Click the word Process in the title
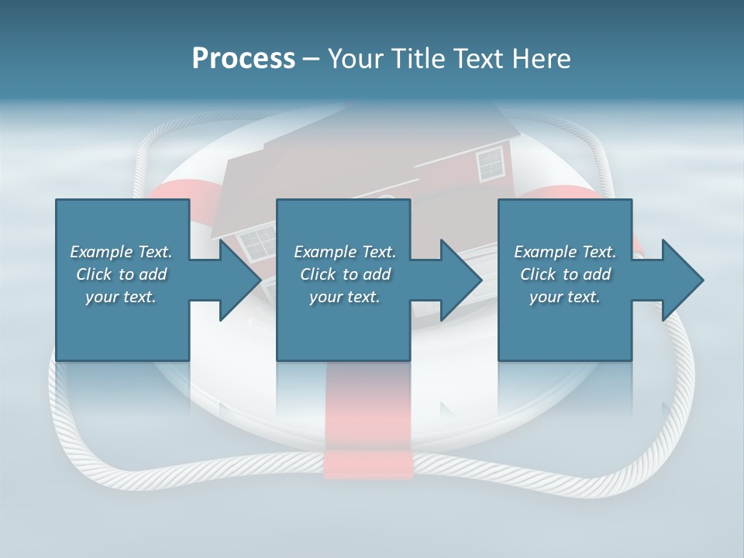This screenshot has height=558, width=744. click(x=243, y=59)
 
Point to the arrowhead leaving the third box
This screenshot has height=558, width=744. click(x=681, y=280)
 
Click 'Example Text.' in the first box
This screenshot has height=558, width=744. click(x=121, y=252)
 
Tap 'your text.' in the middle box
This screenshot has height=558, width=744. click(x=344, y=297)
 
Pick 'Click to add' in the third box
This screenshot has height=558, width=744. click(x=565, y=274)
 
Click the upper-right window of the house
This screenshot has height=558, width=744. click(x=490, y=164)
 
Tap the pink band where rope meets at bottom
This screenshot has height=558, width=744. click(x=367, y=463)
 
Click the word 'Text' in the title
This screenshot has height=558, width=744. click(x=477, y=59)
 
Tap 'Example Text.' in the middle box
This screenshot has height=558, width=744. click(x=344, y=252)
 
